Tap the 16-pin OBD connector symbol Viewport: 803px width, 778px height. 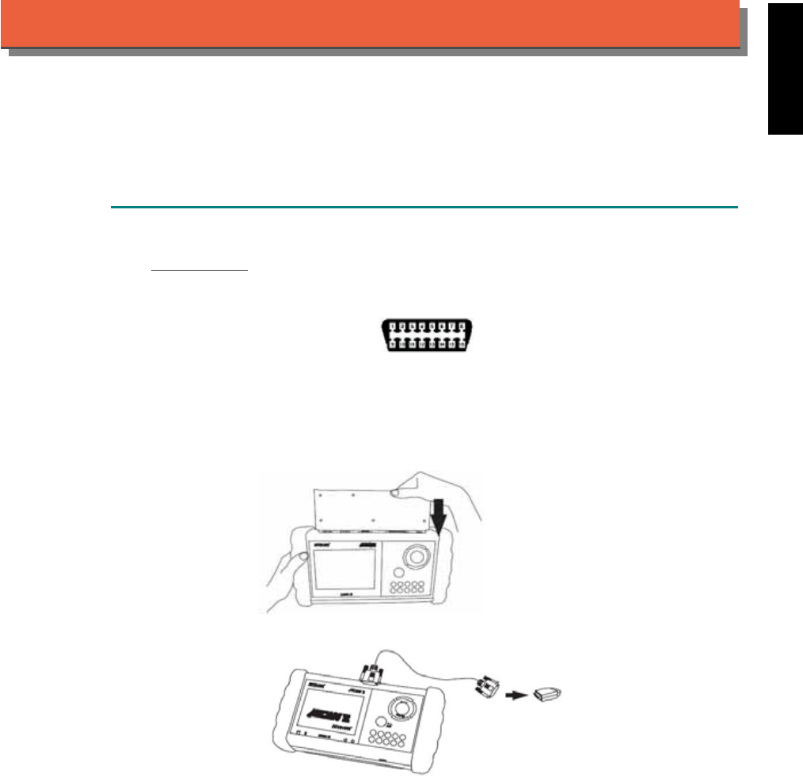tap(428, 336)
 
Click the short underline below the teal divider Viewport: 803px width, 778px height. tap(200, 269)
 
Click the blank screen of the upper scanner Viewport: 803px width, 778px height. tap(342, 573)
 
